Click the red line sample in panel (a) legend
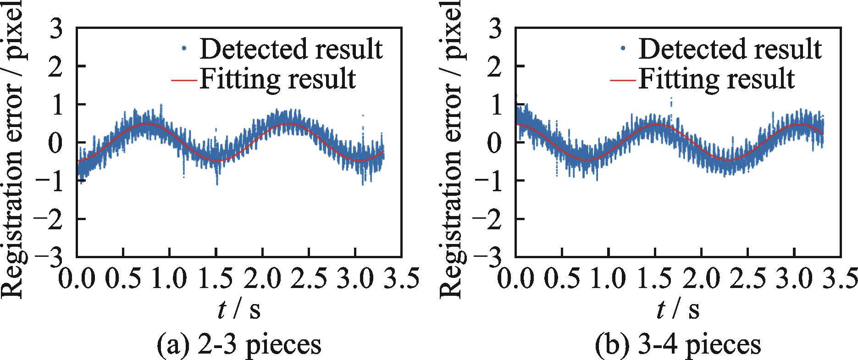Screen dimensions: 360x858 click(x=184, y=80)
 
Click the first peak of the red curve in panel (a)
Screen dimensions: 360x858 click(x=146, y=124)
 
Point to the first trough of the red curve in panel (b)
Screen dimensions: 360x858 click(x=587, y=160)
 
